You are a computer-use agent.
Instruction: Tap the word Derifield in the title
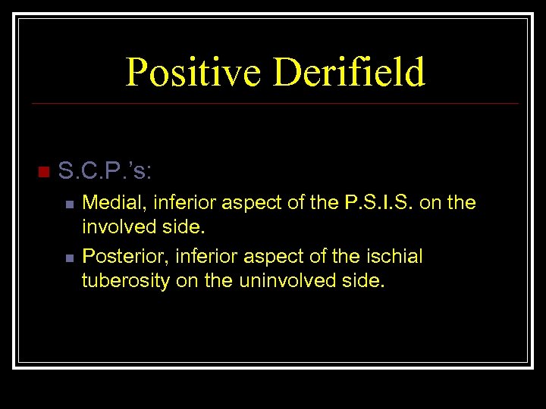click(x=350, y=73)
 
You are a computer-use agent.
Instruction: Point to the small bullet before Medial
click(x=69, y=204)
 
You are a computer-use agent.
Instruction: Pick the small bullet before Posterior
click(x=69, y=258)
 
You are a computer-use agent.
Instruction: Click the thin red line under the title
click(x=273, y=103)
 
